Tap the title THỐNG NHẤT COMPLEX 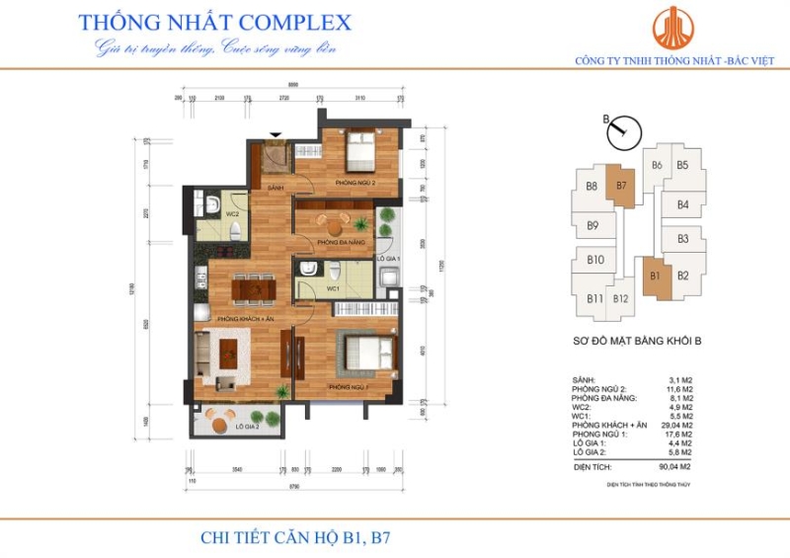click(x=213, y=22)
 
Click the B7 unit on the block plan click(x=621, y=186)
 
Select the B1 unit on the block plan click(x=655, y=276)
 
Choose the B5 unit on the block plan click(x=682, y=166)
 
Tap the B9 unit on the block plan click(x=593, y=226)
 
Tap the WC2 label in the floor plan click(x=232, y=213)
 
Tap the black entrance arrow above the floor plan click(x=276, y=135)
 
